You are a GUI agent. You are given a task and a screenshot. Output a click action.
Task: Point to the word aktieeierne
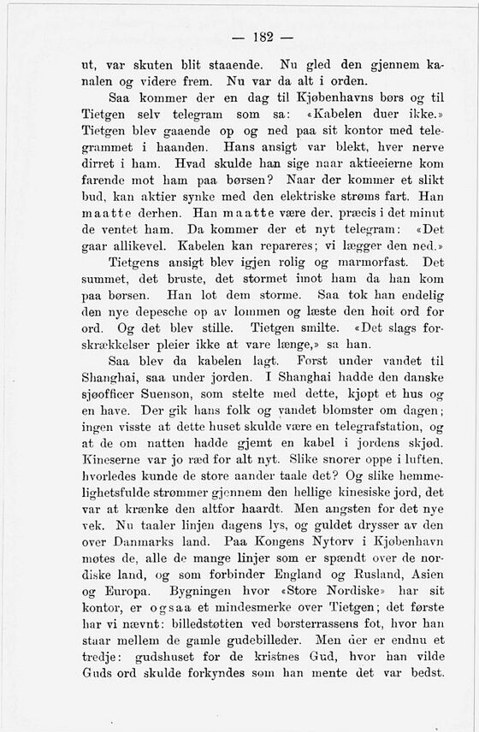point(371,162)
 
